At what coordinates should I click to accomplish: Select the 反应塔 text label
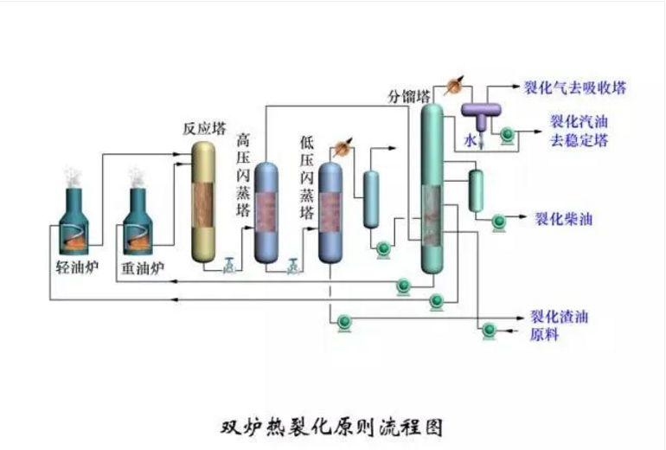[203, 128]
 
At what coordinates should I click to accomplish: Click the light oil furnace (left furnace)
[72, 221]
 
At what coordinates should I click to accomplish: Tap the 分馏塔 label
[409, 97]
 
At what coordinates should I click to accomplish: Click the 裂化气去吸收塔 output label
[575, 87]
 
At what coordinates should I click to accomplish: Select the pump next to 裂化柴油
[499, 222]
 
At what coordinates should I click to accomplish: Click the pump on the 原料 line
[490, 330]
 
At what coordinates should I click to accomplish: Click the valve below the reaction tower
[228, 266]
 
